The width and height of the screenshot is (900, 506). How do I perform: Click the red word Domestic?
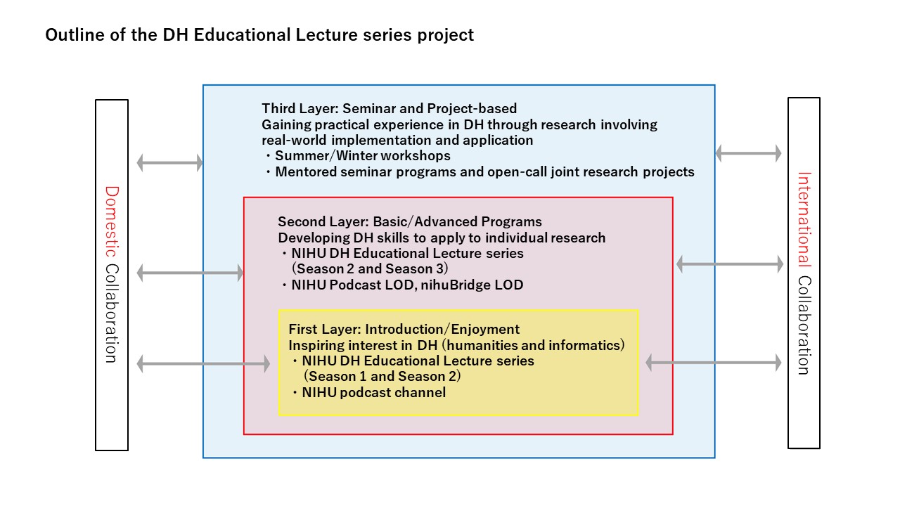(x=112, y=221)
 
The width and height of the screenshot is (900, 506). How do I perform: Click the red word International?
(x=804, y=219)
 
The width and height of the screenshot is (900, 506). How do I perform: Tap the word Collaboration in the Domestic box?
(x=112, y=313)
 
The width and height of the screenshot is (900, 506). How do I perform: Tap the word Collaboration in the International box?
(x=804, y=325)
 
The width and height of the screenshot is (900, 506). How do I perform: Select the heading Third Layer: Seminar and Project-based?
(x=390, y=108)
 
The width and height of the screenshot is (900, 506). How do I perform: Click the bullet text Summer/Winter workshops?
(x=362, y=156)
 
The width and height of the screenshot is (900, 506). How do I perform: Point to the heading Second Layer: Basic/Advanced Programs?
(x=410, y=221)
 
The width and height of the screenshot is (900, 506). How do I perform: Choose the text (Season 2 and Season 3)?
(x=370, y=268)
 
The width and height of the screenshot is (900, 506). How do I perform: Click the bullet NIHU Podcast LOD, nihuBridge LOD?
(x=407, y=285)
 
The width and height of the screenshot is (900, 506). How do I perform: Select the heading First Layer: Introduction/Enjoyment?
(x=404, y=330)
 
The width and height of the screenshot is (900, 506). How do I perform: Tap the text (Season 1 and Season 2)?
(x=382, y=376)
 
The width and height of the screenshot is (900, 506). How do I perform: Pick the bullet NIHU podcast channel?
(x=373, y=392)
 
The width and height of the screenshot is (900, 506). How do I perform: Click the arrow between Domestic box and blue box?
(x=169, y=162)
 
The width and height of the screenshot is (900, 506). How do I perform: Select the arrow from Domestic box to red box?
(x=190, y=273)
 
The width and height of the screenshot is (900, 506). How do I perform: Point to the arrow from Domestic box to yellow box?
(x=203, y=364)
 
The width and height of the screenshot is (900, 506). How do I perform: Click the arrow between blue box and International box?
(x=749, y=153)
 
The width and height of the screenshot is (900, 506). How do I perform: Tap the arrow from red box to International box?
(x=730, y=264)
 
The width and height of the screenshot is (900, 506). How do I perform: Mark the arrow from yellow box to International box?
(x=714, y=363)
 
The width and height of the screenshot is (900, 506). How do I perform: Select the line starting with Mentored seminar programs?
(x=484, y=172)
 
